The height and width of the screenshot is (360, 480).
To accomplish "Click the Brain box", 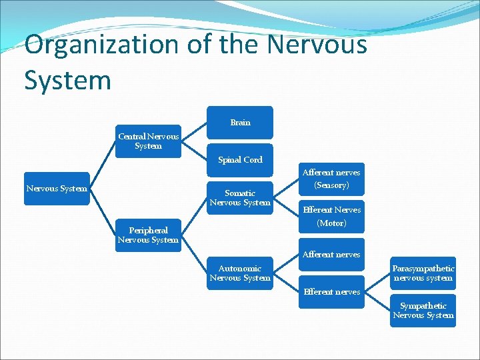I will pos(240,123).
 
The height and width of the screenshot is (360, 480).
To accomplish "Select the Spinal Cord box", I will pos(240,159).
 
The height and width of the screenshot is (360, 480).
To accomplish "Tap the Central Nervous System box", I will pos(148,141).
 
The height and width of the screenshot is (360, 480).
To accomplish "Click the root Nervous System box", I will pos(57,188).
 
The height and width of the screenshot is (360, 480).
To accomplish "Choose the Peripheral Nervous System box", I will pos(148,235).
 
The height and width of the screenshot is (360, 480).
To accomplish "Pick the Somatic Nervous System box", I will pos(240,197).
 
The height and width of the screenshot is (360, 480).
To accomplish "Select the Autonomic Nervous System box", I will pos(240,273).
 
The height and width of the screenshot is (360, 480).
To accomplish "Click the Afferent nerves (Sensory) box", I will pos(331,179).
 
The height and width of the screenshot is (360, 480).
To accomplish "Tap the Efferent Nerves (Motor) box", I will pos(331,216).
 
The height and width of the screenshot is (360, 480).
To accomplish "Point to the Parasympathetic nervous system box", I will pos(423,273).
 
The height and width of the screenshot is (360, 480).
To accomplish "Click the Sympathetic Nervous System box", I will pos(423,310).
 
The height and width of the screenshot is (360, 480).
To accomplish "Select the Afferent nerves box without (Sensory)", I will pos(331,254).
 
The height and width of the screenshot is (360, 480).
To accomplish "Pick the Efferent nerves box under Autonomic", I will pos(331,291).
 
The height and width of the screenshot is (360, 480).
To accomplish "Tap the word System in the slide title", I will pos(67,80).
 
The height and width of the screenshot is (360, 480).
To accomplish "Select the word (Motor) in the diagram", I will pos(331,223).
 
